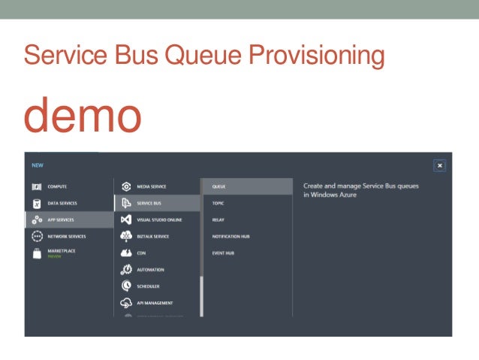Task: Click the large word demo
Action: point(83,115)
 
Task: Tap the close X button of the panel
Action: point(440,165)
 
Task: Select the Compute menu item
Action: point(57,186)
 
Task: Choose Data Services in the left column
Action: point(62,203)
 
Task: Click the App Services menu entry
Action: point(60,219)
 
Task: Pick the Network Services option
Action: point(66,236)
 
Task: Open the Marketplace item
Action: point(62,252)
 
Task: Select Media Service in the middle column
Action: point(151,186)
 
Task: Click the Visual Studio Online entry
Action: point(158,219)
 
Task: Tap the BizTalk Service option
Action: point(152,236)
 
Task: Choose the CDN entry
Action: point(140,253)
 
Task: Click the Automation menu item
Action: point(150,270)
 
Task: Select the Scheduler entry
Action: point(149,286)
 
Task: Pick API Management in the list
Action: point(155,303)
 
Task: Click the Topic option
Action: point(218,203)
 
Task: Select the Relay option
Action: point(218,219)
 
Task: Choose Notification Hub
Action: point(230,236)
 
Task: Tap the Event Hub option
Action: point(223,253)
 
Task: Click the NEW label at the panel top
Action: point(37,165)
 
